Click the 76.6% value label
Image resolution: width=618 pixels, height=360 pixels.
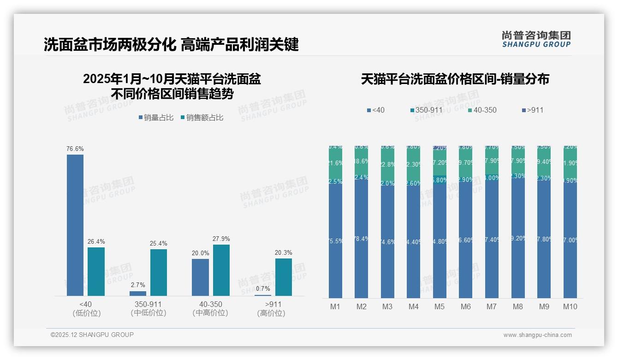pyautogui.click(x=75, y=149)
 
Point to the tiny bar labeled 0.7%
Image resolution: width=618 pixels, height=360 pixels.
pyautogui.click(x=263, y=295)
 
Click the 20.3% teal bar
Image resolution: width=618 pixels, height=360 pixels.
pyautogui.click(x=284, y=277)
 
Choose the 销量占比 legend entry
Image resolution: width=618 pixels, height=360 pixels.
pyautogui.click(x=156, y=118)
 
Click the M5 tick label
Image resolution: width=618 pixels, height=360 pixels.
pyautogui.click(x=440, y=306)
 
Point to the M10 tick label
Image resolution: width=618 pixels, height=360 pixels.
pyautogui.click(x=570, y=306)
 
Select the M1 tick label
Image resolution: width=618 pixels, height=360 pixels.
pyautogui.click(x=335, y=306)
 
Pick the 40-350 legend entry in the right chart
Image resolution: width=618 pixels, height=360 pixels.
pyautogui.click(x=482, y=110)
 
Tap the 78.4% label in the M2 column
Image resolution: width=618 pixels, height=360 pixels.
pyautogui.click(x=361, y=238)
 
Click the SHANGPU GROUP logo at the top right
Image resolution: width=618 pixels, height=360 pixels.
pyautogui.click(x=536, y=39)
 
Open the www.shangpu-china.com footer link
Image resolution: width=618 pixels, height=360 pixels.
pyautogui.click(x=537, y=335)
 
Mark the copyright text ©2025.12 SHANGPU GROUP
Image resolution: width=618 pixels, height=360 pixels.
pyautogui.click(x=92, y=335)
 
